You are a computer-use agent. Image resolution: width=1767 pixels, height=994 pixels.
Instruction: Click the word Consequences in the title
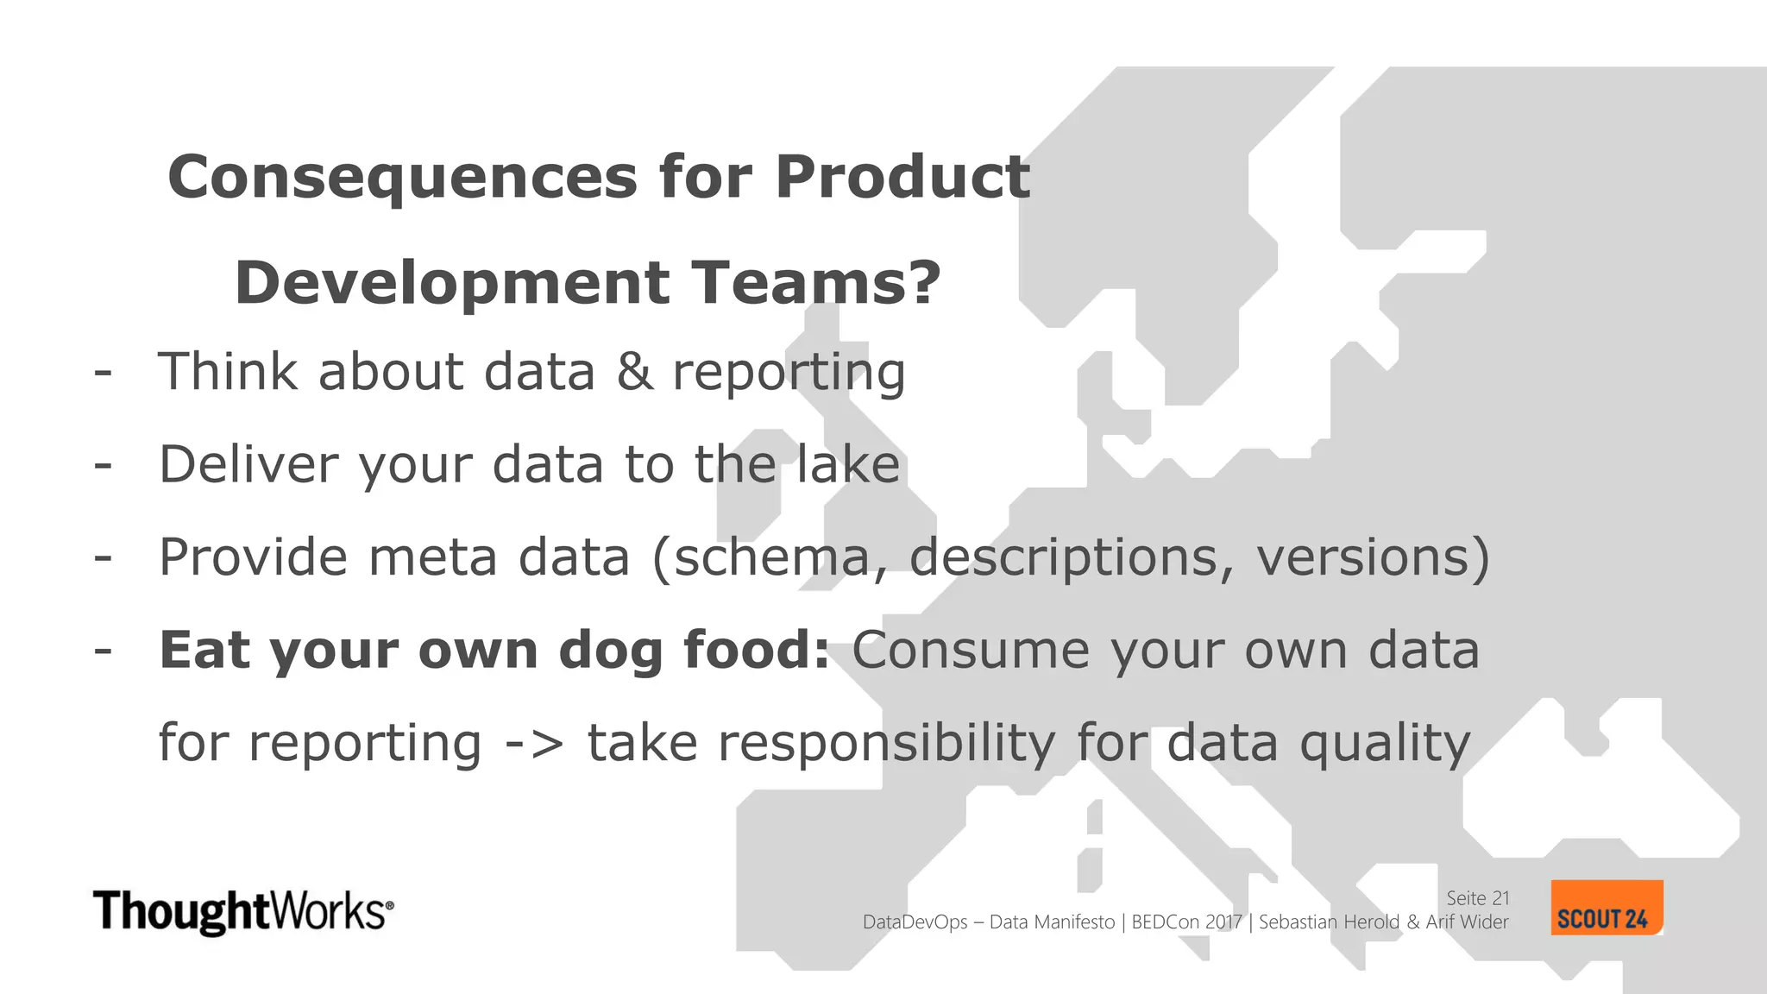(402, 178)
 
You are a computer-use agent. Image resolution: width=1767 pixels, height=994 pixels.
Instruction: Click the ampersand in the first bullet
(634, 373)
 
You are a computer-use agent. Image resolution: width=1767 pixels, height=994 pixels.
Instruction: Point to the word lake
(847, 464)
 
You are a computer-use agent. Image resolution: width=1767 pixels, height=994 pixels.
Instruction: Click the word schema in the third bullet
(770, 557)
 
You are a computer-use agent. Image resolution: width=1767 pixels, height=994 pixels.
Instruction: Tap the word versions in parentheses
(1362, 557)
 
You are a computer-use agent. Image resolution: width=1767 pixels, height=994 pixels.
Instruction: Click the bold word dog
(610, 651)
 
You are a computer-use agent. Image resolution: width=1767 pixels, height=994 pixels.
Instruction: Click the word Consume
(971, 651)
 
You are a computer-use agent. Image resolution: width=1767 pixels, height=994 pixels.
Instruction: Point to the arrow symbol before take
(534, 743)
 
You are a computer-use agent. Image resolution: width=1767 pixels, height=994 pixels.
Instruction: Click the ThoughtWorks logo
(243, 911)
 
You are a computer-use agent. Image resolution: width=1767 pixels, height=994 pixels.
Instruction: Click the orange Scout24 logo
(1606, 908)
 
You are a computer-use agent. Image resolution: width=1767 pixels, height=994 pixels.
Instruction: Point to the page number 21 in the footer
(1500, 898)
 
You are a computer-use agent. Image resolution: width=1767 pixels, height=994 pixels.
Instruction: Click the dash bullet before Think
(103, 373)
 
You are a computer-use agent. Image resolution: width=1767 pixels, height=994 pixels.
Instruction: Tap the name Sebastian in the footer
(1299, 922)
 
